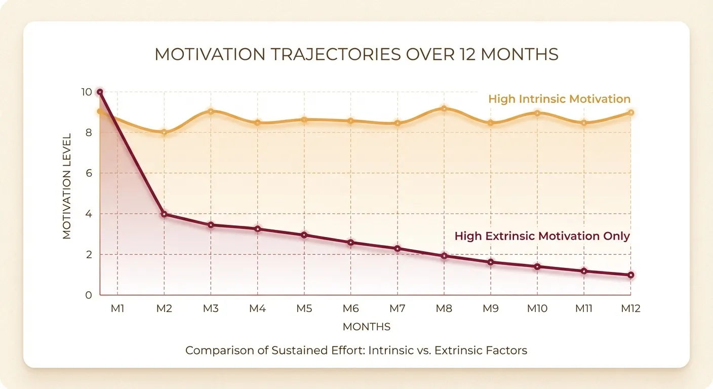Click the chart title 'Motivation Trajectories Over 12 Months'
[x=356, y=55]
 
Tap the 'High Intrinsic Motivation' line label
[x=559, y=99]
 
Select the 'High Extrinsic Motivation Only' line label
[x=542, y=236]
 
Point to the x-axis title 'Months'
[x=367, y=327]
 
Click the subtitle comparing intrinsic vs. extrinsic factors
[x=356, y=351]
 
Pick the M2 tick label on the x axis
[x=164, y=308]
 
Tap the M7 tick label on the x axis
[x=398, y=308]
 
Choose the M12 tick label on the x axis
[x=630, y=308]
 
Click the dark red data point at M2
[x=164, y=214]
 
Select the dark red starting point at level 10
[x=100, y=92]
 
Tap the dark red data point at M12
[x=631, y=275]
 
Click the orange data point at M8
[x=444, y=108]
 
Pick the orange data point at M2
[x=164, y=132]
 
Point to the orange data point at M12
[x=631, y=112]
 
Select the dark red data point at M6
[x=351, y=243]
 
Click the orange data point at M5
[x=304, y=120]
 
